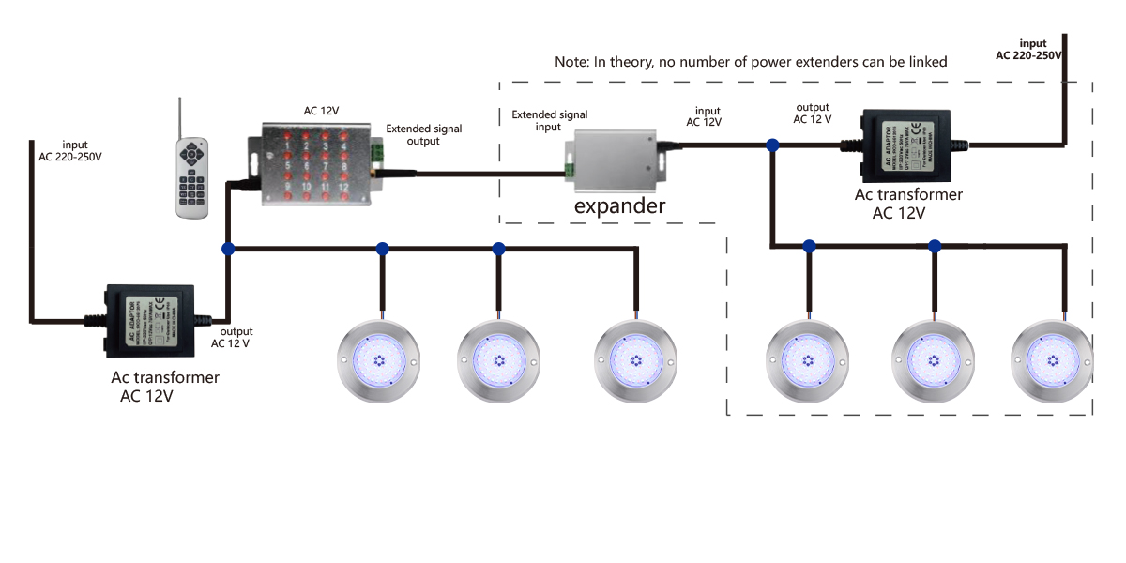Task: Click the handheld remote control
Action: click(x=191, y=177)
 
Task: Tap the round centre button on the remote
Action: click(x=192, y=152)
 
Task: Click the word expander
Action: click(x=619, y=205)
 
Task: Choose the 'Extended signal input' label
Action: click(x=537, y=121)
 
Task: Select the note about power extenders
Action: click(x=751, y=62)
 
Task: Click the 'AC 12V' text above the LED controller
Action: click(x=322, y=111)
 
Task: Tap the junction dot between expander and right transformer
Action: click(x=771, y=145)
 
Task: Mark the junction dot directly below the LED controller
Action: click(x=227, y=249)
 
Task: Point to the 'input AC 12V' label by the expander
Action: click(x=704, y=116)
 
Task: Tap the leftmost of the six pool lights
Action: click(x=380, y=361)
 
